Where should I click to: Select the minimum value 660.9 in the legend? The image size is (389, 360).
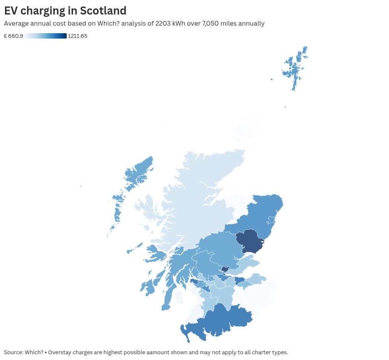tap(16, 36)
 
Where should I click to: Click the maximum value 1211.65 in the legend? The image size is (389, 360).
tap(77, 36)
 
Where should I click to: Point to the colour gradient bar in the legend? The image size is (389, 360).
tap(46, 36)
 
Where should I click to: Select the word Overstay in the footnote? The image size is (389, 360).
tap(59, 352)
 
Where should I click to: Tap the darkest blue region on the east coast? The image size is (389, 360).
tap(250, 241)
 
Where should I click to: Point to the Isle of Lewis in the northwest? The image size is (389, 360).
tap(139, 172)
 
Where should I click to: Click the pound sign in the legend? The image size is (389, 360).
tap(6, 36)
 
